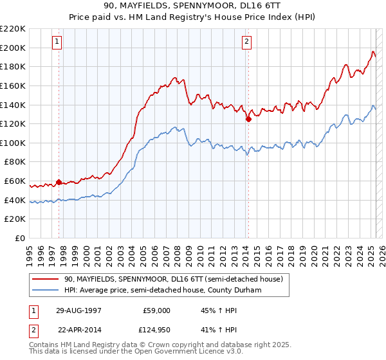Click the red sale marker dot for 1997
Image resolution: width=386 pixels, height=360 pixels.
click(59, 182)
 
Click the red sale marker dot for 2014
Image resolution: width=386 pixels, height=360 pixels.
click(248, 119)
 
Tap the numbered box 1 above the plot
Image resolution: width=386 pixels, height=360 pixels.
click(57, 42)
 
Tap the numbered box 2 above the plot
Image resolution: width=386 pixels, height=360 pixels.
click(246, 42)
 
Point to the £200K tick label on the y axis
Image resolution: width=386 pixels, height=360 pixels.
click(13, 48)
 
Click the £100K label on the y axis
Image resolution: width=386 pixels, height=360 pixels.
click(13, 143)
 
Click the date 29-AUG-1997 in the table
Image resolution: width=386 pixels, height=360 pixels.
click(78, 310)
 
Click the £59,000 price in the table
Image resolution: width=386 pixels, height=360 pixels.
click(156, 310)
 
